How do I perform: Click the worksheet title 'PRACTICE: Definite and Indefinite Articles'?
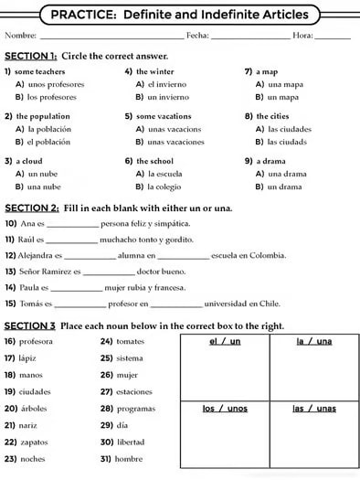179,15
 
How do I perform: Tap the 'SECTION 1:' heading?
31,56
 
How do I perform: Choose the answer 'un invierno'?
168,96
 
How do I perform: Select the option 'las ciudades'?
291,129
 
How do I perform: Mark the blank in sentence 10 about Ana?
72,225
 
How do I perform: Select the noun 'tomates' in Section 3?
130,340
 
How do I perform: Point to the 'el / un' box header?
225,341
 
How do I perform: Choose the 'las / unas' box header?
313,408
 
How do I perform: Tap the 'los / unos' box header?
225,408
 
